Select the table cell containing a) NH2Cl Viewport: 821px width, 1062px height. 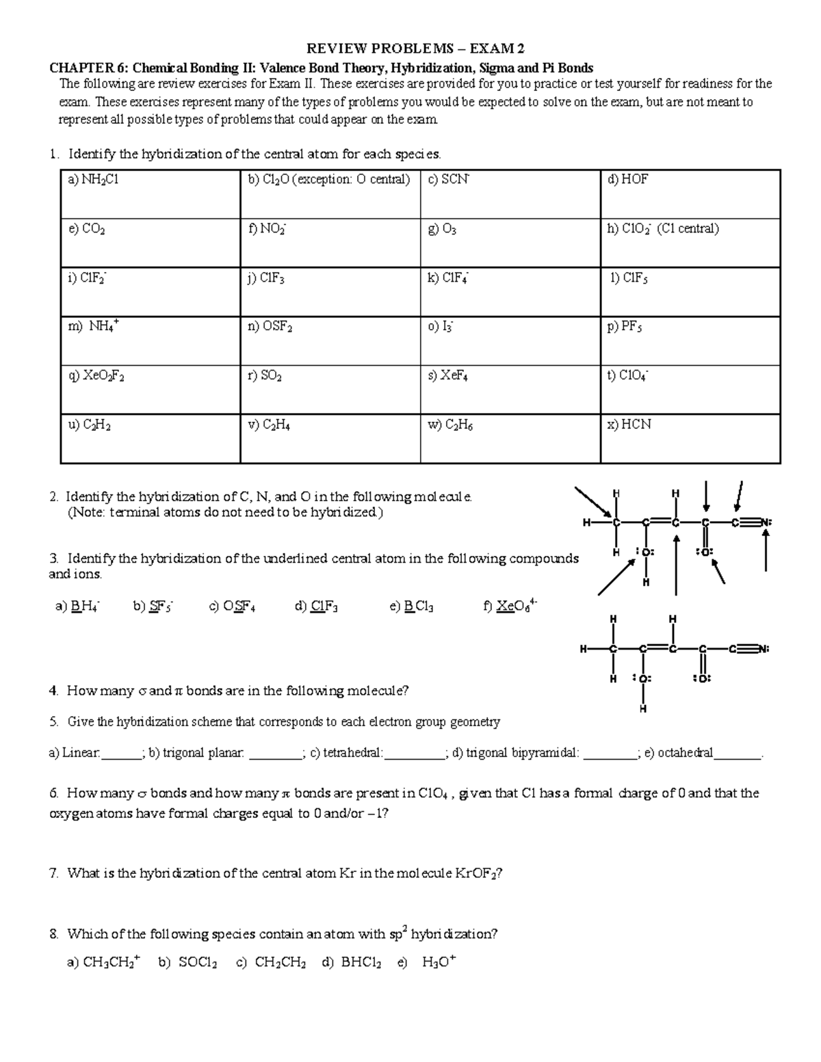tap(151, 194)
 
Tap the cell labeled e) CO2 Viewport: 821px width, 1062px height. tap(151, 243)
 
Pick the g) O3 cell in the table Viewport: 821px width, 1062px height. tap(510, 243)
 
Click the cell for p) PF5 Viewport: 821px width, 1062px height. tap(690, 341)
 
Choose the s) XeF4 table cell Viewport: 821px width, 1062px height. tap(510, 389)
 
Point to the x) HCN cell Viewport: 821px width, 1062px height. tap(690, 438)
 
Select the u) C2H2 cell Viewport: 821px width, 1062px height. tap(151, 438)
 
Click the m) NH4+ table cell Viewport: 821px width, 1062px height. tap(151, 341)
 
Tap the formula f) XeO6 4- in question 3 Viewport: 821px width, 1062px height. tap(510, 606)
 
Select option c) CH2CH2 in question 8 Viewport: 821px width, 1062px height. tap(271, 963)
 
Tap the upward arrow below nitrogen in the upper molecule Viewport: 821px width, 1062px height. tap(766, 553)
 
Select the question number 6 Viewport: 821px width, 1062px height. tap(54, 793)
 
